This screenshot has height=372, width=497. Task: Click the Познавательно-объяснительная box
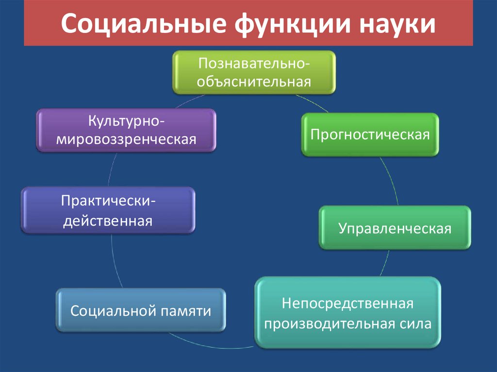[254, 72]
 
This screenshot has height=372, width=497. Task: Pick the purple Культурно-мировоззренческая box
[126, 130]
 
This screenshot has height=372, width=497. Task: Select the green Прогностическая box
[370, 134]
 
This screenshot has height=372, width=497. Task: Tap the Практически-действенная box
[108, 210]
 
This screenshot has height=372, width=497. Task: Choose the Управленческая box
[395, 227]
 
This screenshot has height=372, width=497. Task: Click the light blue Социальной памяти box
[141, 311]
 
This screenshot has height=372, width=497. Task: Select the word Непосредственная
[348, 304]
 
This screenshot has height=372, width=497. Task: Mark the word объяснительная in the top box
[254, 81]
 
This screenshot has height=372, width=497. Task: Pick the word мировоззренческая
[126, 140]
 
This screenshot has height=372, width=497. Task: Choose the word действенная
[108, 221]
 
